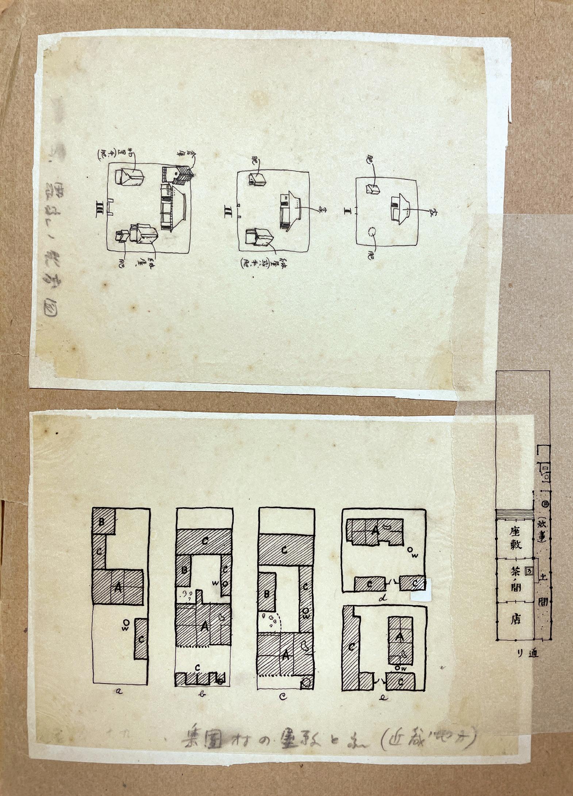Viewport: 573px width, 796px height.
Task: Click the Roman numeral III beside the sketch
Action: (x=99, y=207)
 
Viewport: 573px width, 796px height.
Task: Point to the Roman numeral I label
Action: (x=347, y=211)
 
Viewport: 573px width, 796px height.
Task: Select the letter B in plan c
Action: (x=267, y=594)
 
